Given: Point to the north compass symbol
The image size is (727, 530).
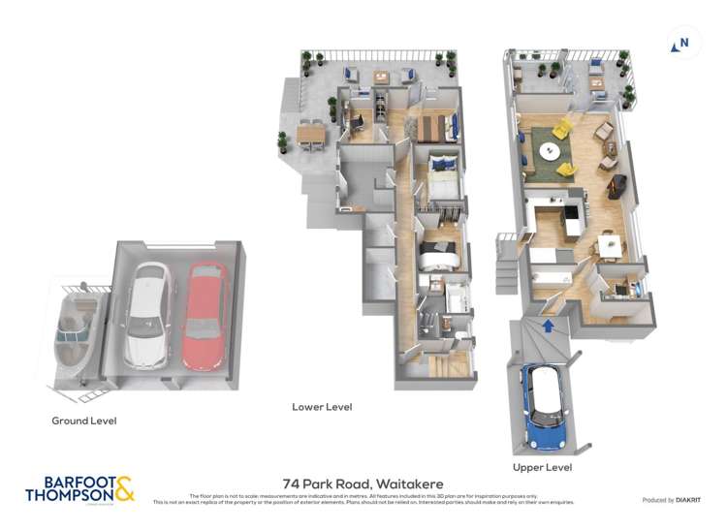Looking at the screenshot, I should click(x=681, y=43).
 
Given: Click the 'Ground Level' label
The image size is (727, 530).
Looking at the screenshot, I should click(x=83, y=421).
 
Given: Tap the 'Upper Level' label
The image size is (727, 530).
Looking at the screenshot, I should click(x=543, y=467).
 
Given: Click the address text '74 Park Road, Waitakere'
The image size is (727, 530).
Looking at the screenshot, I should click(x=363, y=482).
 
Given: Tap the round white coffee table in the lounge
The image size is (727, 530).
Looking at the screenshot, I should click(x=550, y=152).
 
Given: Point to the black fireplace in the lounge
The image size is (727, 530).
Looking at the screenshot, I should click(x=615, y=186).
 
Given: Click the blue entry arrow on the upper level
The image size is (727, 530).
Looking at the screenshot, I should click(x=549, y=327).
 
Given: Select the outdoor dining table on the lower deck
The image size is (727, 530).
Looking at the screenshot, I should click(x=312, y=134).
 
